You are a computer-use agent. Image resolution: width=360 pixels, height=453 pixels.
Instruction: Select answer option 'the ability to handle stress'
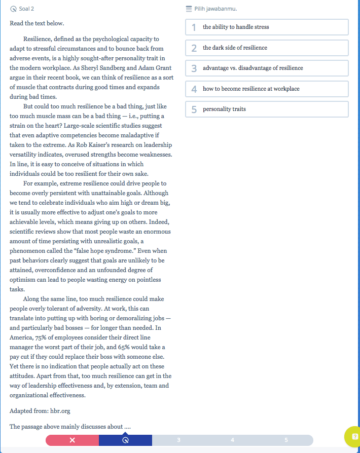267,27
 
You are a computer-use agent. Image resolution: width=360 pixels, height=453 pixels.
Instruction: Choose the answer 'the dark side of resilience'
267,48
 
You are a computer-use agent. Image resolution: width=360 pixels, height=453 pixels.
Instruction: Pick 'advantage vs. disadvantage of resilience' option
267,68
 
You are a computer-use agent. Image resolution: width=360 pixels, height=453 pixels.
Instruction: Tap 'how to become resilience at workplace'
267,89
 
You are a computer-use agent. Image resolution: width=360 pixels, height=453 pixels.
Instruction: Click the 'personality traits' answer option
267,109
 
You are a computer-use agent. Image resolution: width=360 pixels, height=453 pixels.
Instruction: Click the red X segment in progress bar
73,440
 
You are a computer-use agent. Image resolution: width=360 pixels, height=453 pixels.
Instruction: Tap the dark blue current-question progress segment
125,440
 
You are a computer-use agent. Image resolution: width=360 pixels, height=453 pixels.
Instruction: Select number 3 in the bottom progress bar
178,440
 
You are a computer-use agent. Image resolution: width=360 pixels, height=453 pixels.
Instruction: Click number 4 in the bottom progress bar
232,440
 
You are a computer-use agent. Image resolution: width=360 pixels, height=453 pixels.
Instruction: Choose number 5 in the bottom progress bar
286,440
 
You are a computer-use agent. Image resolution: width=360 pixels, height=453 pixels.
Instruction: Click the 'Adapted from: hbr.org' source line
40,410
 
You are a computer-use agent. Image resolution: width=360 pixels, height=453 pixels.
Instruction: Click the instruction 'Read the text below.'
37,23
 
